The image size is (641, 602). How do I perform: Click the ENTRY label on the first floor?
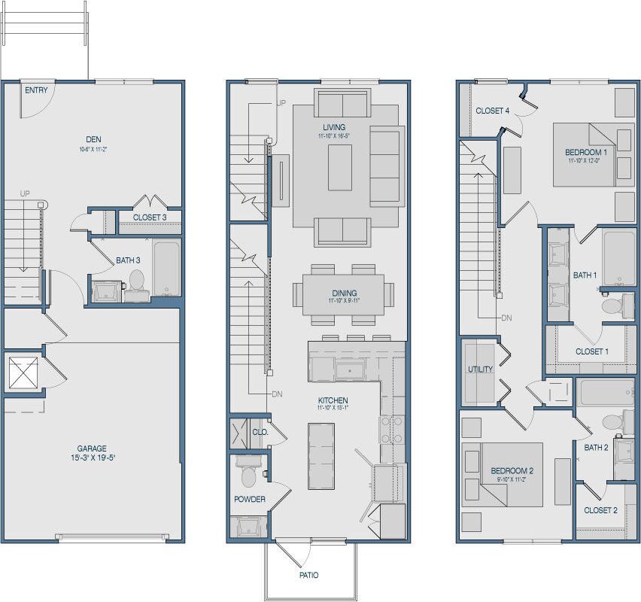[x=36, y=90]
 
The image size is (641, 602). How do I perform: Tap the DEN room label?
[x=93, y=139]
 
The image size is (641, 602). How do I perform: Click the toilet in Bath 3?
[x=136, y=281]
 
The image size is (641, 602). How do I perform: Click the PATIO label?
[x=308, y=575]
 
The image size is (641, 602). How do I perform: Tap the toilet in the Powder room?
[x=248, y=476]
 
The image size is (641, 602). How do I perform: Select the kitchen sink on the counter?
[x=349, y=369]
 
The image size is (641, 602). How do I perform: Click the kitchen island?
[x=321, y=456]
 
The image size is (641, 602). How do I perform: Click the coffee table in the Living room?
[x=339, y=166]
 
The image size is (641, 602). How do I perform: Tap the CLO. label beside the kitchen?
[x=260, y=433]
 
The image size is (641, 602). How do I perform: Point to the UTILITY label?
[x=480, y=369]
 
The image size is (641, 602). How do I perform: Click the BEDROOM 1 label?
[x=586, y=153]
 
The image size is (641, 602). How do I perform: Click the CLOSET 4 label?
[x=493, y=111]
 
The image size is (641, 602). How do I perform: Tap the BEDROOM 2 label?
[x=512, y=470]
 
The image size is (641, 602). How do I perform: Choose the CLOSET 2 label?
[x=600, y=509]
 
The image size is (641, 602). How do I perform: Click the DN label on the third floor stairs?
[x=506, y=318]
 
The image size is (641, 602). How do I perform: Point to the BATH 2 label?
[x=596, y=447]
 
